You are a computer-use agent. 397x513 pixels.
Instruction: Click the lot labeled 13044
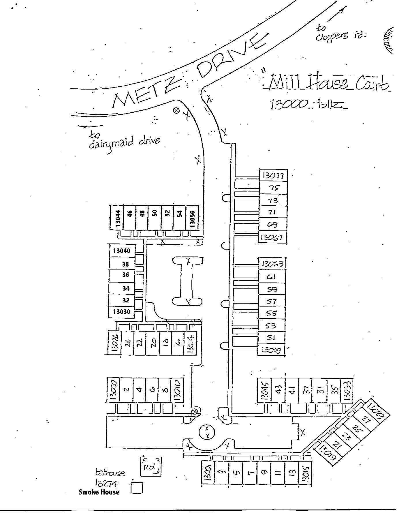tap(117, 218)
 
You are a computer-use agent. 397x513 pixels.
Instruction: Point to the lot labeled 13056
tap(193, 218)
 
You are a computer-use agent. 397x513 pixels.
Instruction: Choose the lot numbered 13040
tap(122, 251)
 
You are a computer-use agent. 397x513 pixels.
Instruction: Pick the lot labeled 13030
tap(122, 312)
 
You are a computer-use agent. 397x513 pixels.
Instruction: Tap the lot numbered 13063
tap(272, 264)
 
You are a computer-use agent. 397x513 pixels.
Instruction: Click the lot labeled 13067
tap(272, 237)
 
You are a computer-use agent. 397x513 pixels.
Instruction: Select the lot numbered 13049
tap(271, 350)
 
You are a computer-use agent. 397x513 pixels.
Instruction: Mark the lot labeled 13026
tap(114, 343)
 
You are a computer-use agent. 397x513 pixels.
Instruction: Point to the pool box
tap(150, 466)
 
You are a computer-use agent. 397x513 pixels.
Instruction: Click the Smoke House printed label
tap(99, 492)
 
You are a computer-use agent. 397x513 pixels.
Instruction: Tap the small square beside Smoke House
tap(137, 488)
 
